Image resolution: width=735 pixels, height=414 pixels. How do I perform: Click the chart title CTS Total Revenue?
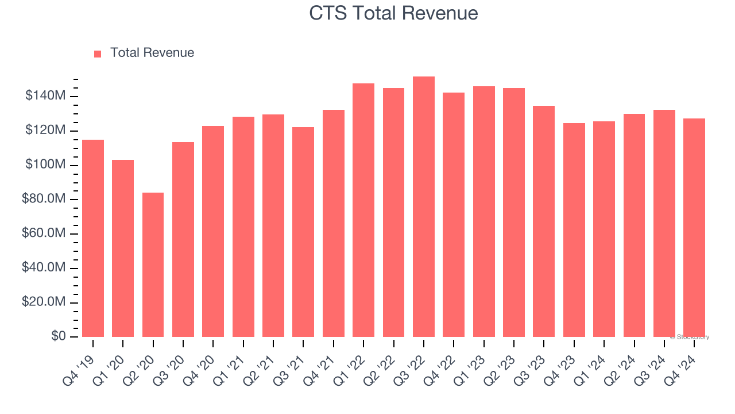(x=393, y=13)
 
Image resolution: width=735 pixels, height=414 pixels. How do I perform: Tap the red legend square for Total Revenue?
(x=98, y=53)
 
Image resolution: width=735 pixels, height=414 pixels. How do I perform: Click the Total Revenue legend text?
(x=152, y=53)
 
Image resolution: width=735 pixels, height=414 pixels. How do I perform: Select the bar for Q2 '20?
(x=153, y=264)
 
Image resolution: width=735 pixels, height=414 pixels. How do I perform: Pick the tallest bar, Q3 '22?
(x=423, y=207)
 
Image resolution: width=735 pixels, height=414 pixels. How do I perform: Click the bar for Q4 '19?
(x=93, y=238)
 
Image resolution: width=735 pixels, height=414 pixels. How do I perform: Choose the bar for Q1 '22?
(x=363, y=210)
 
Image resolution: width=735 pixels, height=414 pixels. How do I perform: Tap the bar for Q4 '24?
(x=694, y=228)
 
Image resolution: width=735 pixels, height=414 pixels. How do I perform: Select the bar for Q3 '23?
(x=544, y=221)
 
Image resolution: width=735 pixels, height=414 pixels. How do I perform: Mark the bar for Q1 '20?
(x=123, y=248)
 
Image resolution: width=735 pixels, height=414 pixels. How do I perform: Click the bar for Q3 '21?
(x=303, y=232)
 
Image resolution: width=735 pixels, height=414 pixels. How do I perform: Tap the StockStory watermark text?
(x=691, y=337)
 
